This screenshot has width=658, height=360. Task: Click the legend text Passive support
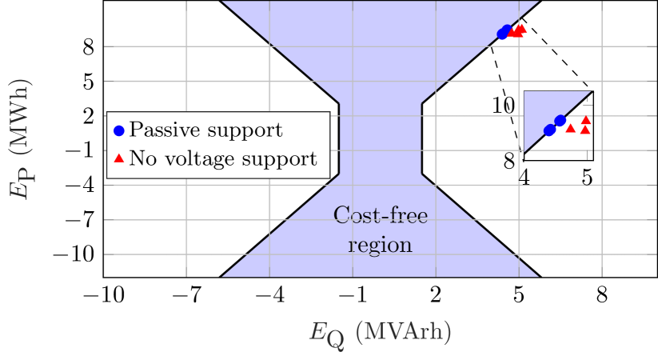pyautogui.click(x=205, y=130)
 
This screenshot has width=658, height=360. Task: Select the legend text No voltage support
pyautogui.click(x=222, y=158)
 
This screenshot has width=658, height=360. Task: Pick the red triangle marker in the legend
pyautogui.click(x=119, y=158)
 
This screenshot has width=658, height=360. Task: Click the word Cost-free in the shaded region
pyautogui.click(x=381, y=215)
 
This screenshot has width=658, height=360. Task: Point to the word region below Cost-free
pyautogui.click(x=381, y=245)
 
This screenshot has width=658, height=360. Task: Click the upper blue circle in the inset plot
pyautogui.click(x=560, y=122)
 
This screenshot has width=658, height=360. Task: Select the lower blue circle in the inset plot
pyautogui.click(x=549, y=130)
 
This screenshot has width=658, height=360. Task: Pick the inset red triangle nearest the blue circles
pyautogui.click(x=570, y=127)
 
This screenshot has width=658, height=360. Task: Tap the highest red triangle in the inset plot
pyautogui.click(x=585, y=120)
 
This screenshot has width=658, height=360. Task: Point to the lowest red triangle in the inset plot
pyautogui.click(x=585, y=130)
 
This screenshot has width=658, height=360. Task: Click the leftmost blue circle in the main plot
pyautogui.click(x=502, y=34)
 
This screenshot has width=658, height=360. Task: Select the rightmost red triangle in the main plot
pyautogui.click(x=522, y=30)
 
